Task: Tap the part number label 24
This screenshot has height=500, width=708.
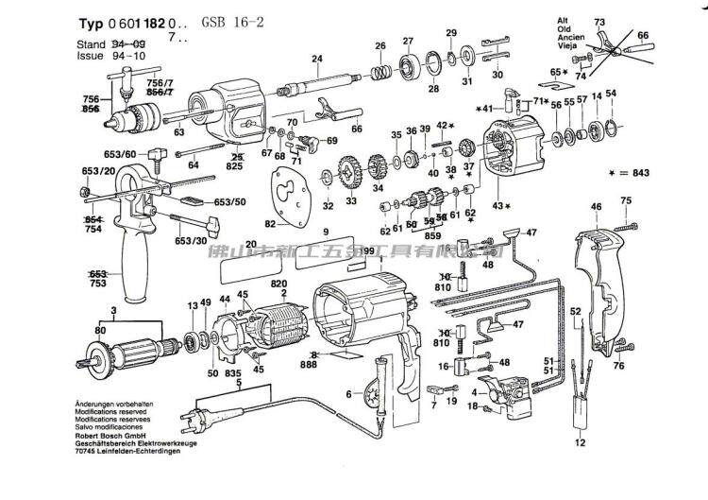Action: click(x=317, y=59)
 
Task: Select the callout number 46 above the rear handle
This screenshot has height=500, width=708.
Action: click(x=596, y=206)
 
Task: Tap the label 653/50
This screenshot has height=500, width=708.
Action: click(x=229, y=202)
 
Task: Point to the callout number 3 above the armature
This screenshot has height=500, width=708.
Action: click(x=87, y=311)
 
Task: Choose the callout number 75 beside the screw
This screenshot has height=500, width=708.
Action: click(x=625, y=200)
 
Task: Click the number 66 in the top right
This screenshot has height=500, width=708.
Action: click(x=643, y=35)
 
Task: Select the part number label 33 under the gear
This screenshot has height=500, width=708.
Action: click(x=351, y=201)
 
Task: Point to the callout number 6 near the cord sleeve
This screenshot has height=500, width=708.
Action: click(x=348, y=393)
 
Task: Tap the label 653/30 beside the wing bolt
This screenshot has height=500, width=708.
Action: click(x=192, y=241)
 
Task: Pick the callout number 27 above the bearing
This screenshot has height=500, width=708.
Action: click(x=408, y=41)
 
